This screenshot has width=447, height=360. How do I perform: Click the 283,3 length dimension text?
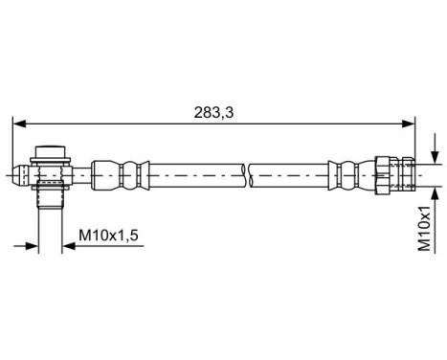tap(214, 112)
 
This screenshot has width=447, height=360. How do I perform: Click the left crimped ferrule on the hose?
tap(127, 173)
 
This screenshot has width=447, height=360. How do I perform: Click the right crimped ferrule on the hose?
tap(340, 173)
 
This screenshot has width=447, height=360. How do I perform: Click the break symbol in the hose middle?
tap(245, 173)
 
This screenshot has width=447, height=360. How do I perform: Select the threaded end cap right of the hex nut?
tap(409, 173)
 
